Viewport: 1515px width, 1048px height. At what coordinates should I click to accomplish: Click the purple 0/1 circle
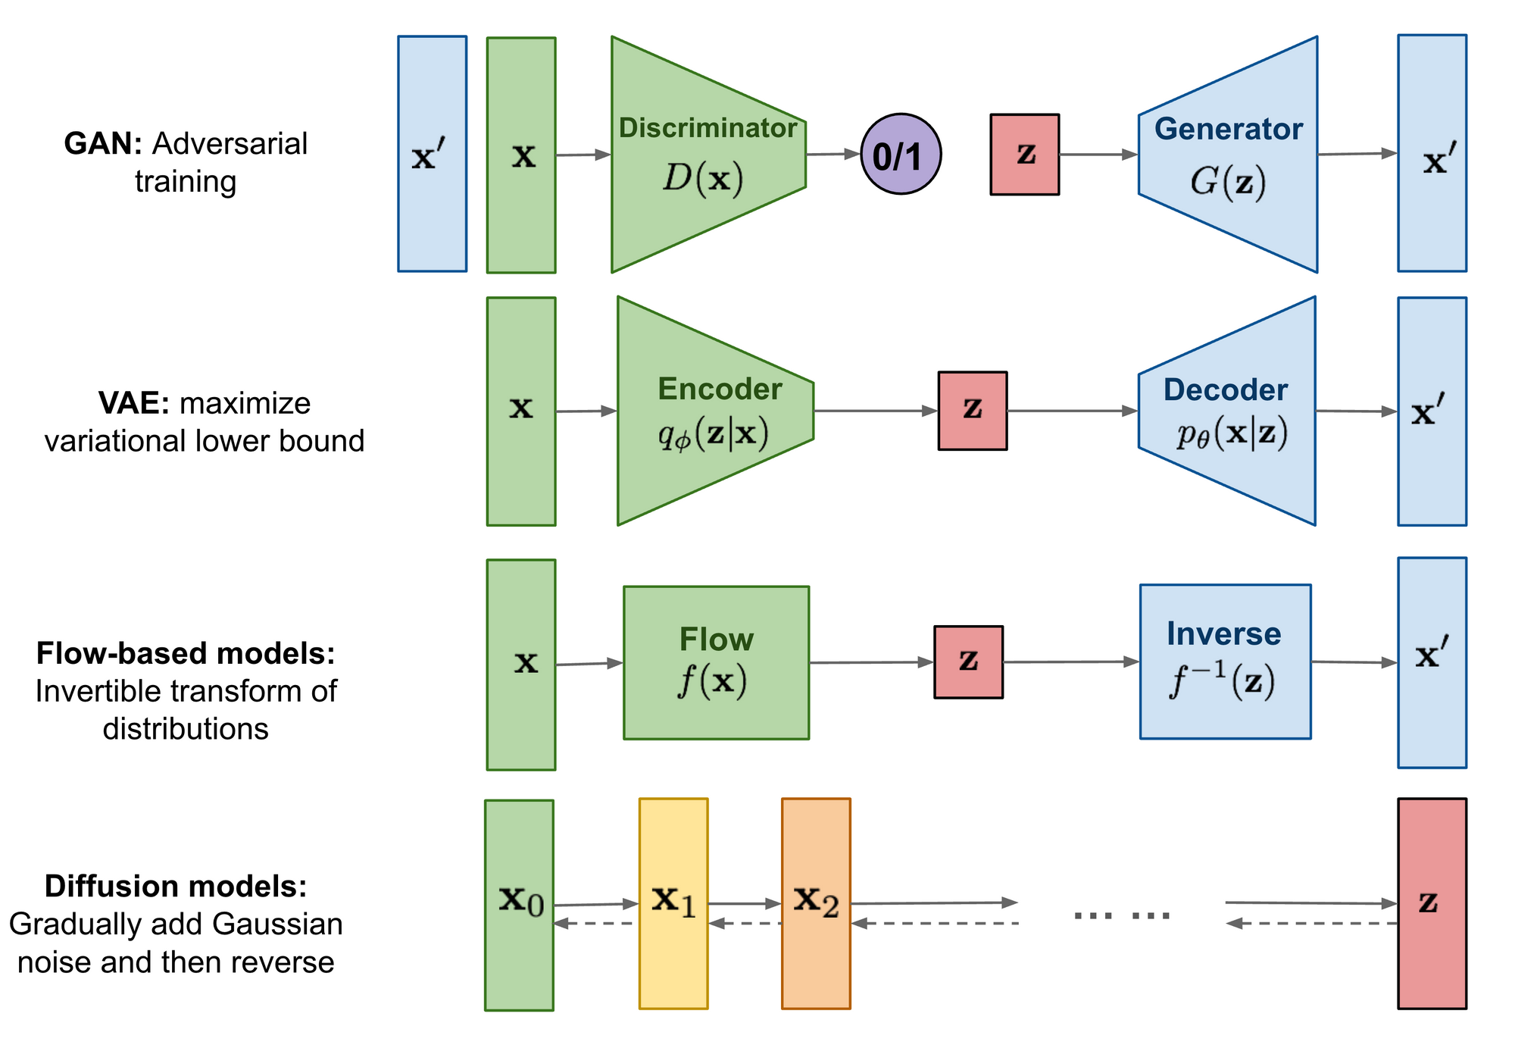click(x=901, y=155)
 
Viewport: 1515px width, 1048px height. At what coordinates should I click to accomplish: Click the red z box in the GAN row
click(x=1024, y=155)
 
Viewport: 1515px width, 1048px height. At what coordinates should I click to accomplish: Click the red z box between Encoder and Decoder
click(x=972, y=411)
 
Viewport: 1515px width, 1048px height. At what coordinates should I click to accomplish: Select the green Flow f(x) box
click(x=716, y=662)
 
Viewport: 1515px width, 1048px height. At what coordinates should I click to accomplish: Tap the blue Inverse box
click(x=1225, y=662)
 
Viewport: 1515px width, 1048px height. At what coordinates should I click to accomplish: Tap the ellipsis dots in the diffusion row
click(x=1122, y=915)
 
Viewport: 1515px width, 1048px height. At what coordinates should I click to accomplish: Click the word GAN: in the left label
click(x=103, y=144)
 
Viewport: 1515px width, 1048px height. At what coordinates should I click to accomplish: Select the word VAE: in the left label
click(x=133, y=403)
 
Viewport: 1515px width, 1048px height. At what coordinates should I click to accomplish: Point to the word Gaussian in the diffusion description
click(x=277, y=924)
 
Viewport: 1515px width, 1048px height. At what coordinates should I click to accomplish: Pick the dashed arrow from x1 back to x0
click(x=595, y=923)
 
